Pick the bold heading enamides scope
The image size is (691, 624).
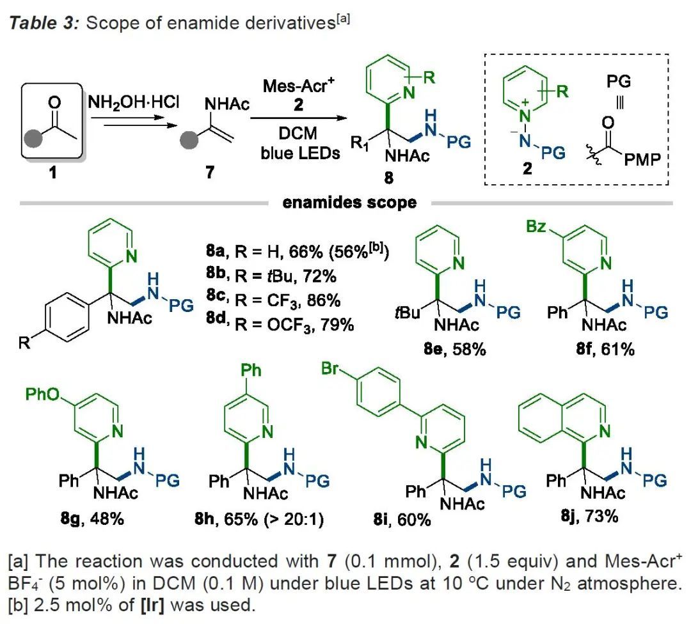click(349, 203)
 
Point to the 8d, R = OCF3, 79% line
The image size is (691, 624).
click(276, 325)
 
